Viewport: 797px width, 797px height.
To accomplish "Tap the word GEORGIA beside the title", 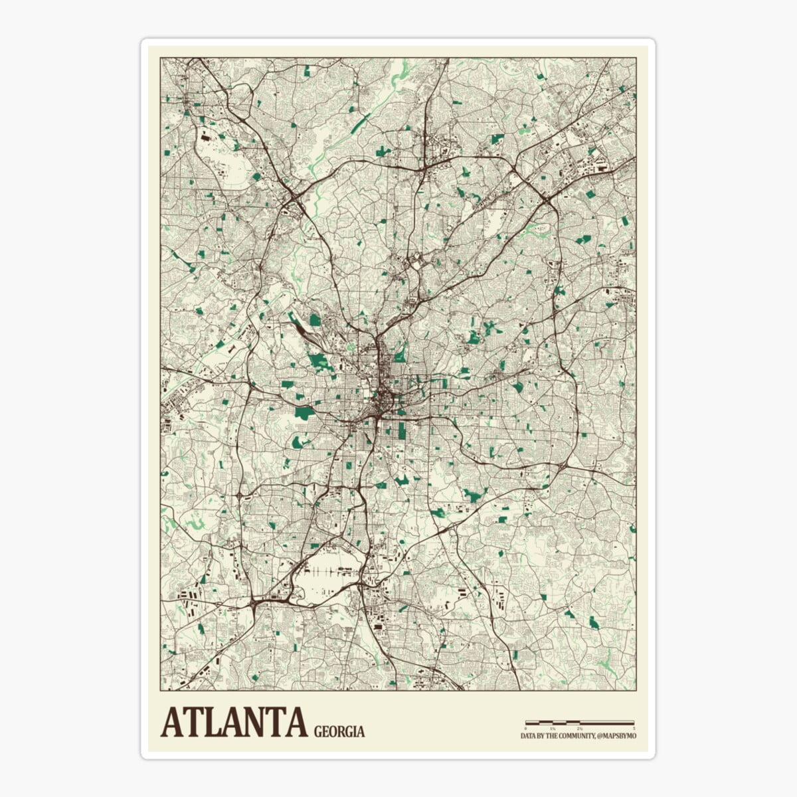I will click(x=339, y=732).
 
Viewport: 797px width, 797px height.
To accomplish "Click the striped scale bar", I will click(x=580, y=722).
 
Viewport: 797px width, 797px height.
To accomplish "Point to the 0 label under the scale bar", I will click(x=526, y=729).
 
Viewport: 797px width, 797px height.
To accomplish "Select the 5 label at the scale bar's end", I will click(x=634, y=729).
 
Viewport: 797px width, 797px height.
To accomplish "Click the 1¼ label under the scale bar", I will click(x=553, y=729).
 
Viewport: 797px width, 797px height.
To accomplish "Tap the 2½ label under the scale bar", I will click(x=580, y=729).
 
